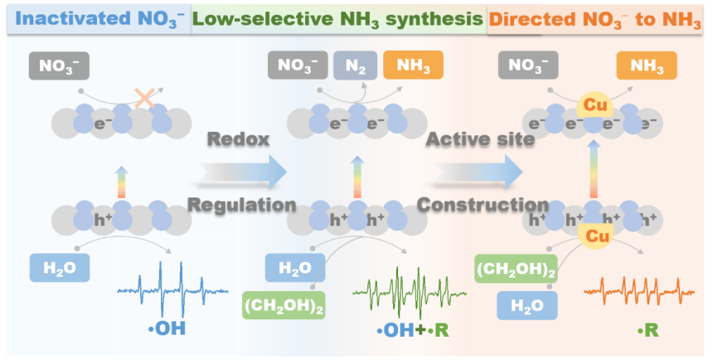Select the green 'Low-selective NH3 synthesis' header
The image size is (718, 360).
(338, 18)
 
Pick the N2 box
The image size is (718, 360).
(354, 66)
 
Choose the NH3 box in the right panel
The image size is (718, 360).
(647, 66)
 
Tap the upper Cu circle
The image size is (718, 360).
(593, 105)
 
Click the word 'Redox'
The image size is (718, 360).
(238, 139)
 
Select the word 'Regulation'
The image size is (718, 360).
(241, 204)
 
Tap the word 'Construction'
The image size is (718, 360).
(483, 204)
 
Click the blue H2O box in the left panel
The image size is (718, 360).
(59, 268)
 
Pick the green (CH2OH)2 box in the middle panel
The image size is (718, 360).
(283, 305)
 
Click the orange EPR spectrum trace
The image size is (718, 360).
(638, 290)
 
